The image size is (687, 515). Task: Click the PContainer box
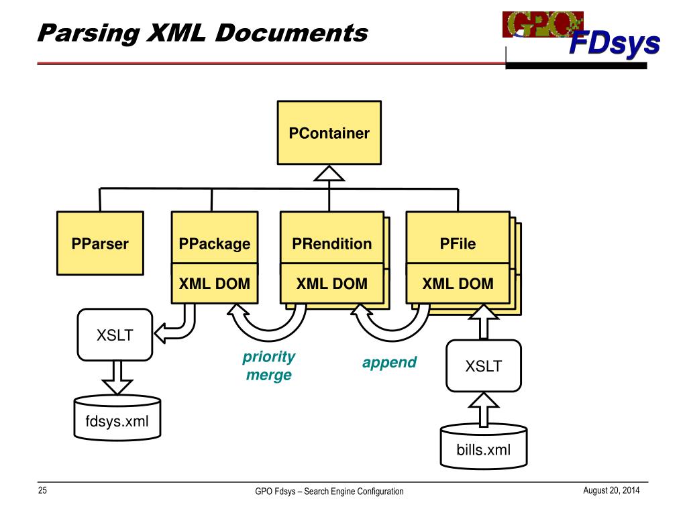tap(329, 133)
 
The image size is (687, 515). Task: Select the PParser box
tap(100, 243)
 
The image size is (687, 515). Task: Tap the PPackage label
tap(215, 243)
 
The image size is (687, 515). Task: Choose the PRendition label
tap(331, 243)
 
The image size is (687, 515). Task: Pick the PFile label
tap(458, 243)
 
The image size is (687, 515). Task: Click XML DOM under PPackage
tap(215, 284)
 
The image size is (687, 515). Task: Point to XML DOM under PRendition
tap(331, 284)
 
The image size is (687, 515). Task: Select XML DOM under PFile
tap(458, 284)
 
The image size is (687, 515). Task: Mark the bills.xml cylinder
tap(483, 447)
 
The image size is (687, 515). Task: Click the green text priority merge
tap(269, 365)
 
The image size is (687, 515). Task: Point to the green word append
tap(389, 363)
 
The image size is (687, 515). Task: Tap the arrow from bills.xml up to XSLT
tap(483, 408)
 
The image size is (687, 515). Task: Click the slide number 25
tap(42, 491)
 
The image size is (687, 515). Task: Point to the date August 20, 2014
tap(611, 491)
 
